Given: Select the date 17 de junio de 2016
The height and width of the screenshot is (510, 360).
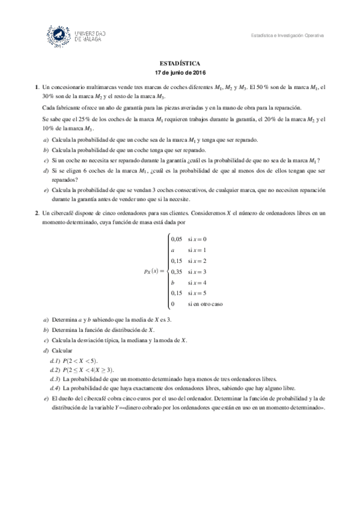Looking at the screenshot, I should (180, 72).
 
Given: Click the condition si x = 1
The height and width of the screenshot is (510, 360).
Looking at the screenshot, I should (197, 250).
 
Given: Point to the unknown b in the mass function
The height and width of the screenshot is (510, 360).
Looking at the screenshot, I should (173, 282).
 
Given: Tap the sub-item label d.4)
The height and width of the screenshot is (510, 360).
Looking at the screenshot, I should (55, 389).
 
